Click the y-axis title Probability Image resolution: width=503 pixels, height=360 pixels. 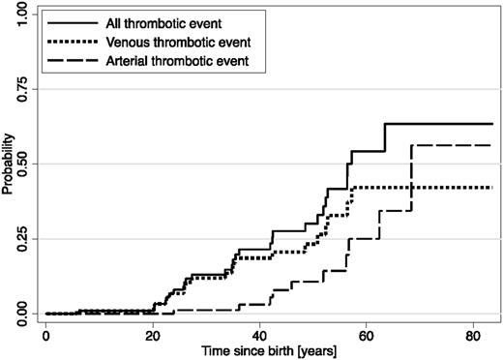[x=8, y=165]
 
